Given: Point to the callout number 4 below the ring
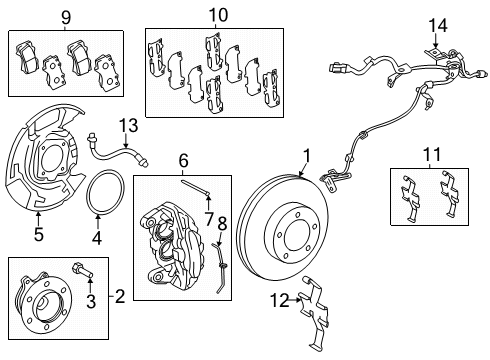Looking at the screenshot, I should coord(97,237).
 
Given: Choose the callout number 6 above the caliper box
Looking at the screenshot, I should coord(183,160).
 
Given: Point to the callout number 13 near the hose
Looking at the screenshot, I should coord(127,125).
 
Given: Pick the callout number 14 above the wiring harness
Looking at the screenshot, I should coord(435,25).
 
